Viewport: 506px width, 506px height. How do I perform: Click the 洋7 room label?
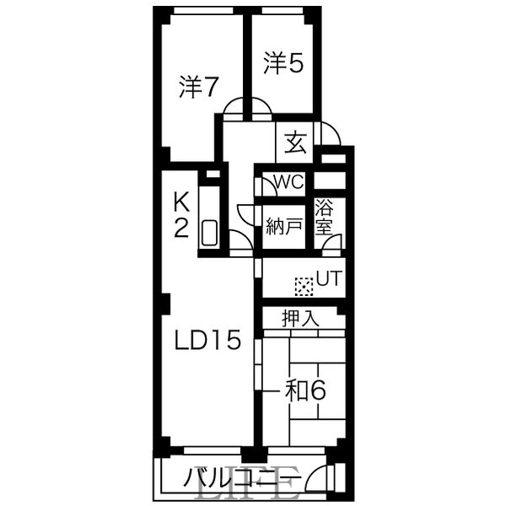pos(200,87)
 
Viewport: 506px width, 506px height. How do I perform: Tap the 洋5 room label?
pos(283,64)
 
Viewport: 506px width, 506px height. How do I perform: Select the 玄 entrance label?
pos(294,143)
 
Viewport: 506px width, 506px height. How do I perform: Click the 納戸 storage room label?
pos(283,226)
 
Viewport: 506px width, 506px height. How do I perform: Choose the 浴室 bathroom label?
pos(325,218)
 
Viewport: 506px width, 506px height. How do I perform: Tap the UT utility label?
pos(328,278)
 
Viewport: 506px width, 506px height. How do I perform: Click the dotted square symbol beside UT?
pos(304,286)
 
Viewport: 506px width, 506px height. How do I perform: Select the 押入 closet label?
pos(300,319)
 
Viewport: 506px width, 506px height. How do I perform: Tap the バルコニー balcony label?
pos(241,481)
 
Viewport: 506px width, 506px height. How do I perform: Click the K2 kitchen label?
pos(181,215)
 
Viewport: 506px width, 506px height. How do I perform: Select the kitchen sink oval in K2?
pos(210,233)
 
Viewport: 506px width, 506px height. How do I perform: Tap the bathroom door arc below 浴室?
pos(332,244)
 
